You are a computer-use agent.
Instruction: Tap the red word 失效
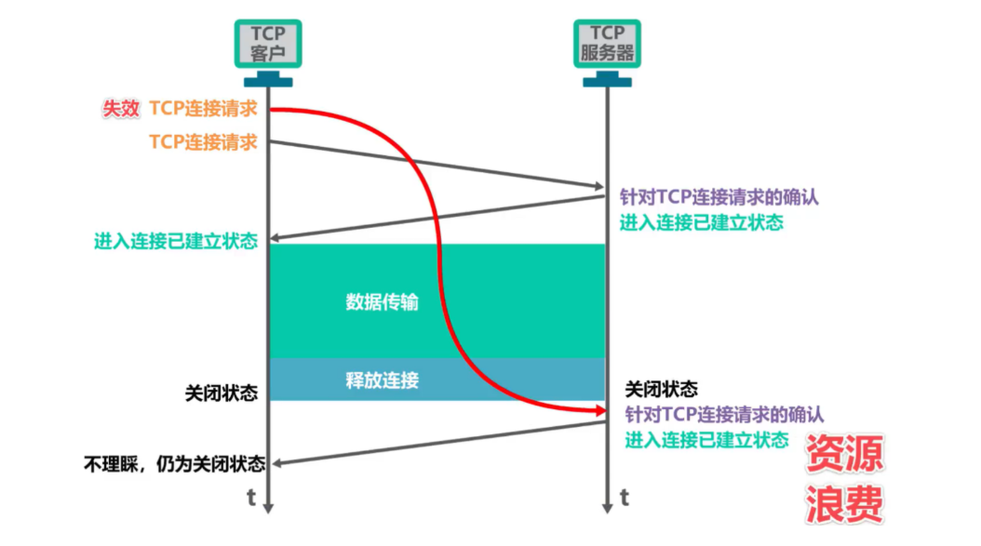(120, 109)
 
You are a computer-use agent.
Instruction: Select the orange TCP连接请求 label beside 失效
(203, 109)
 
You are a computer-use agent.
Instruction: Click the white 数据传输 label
(383, 302)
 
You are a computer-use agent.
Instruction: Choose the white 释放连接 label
(383, 380)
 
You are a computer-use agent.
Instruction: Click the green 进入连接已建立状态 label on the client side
(175, 241)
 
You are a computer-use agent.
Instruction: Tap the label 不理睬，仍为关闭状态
(174, 463)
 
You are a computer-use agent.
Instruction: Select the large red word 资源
(843, 455)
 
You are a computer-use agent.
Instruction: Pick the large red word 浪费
(843, 504)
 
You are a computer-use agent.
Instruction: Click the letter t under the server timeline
(625, 498)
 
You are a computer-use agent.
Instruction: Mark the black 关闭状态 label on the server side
(661, 389)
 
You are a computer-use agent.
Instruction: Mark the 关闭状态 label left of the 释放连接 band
(222, 393)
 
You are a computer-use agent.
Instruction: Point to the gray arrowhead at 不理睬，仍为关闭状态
(275, 462)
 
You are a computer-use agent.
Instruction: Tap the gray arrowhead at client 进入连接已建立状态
(275, 239)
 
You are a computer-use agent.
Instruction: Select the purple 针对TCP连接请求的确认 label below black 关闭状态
(723, 414)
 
